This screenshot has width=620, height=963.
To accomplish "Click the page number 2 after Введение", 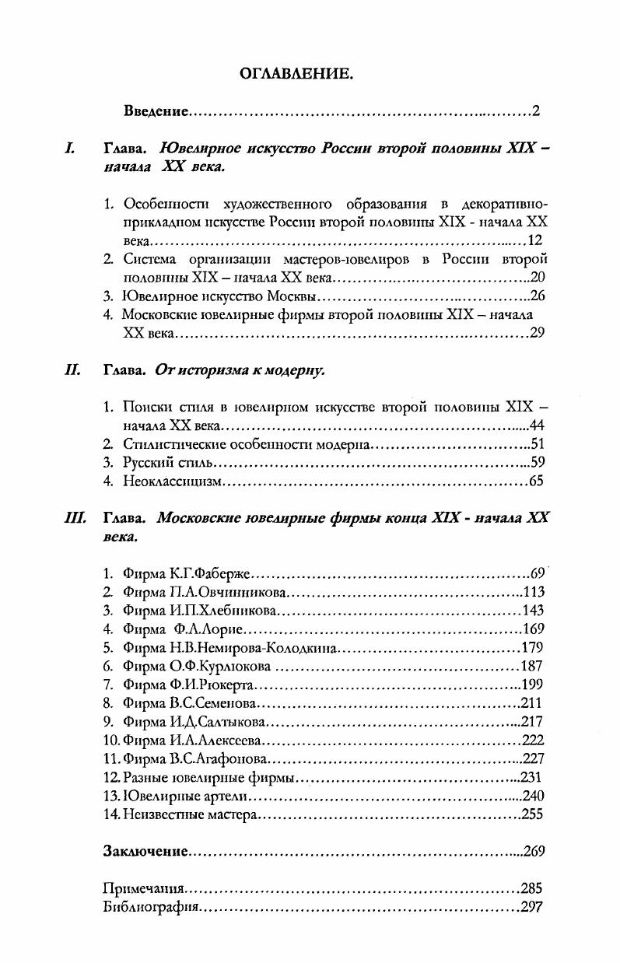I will (x=536, y=112).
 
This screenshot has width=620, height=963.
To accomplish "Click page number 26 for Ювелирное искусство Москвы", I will (x=538, y=296).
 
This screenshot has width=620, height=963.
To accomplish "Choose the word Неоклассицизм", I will (x=172, y=481).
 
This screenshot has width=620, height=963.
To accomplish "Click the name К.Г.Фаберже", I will (x=208, y=574).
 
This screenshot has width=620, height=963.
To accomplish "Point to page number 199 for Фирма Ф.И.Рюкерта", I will (x=532, y=685).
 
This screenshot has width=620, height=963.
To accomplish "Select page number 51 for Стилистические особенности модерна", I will (x=537, y=445).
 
